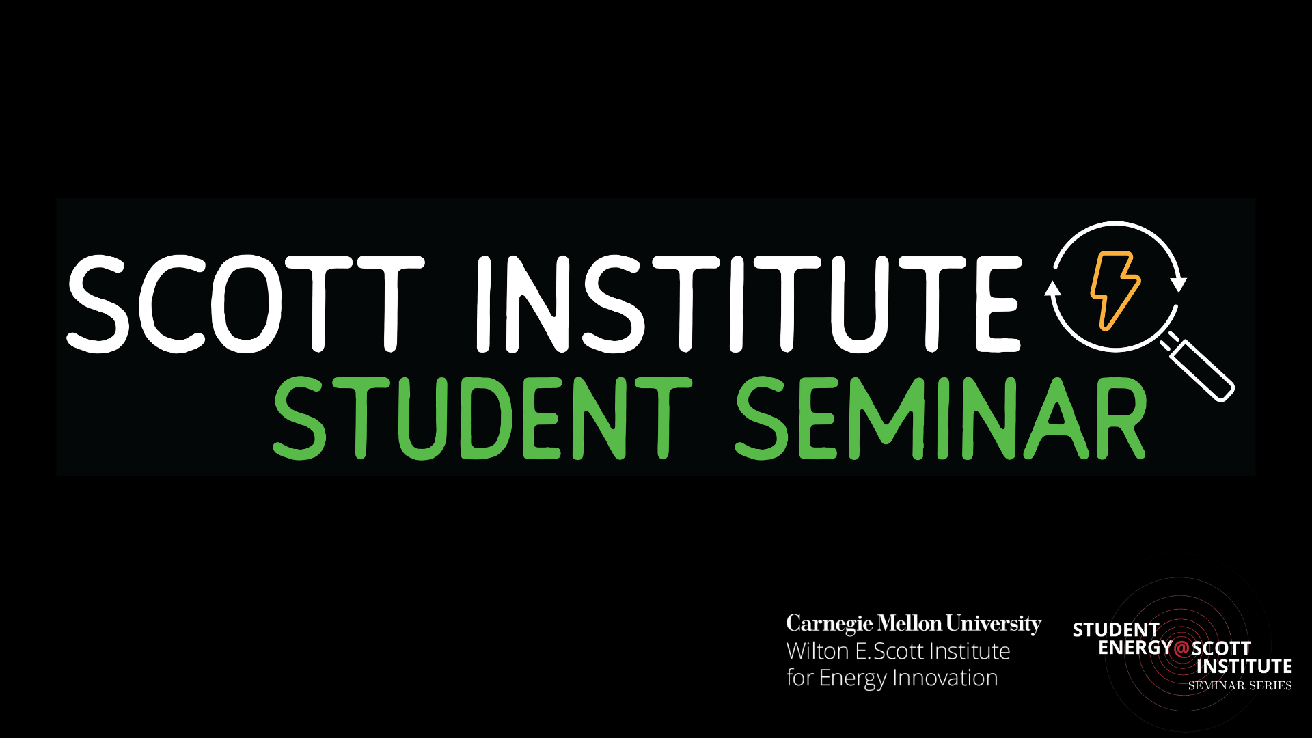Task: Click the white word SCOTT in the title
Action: point(246,304)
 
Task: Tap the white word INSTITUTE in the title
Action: point(748,304)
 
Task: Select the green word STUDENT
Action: point(482,418)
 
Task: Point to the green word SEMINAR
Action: point(940,418)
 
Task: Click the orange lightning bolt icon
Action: point(1114,290)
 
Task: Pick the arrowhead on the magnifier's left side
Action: point(1053,288)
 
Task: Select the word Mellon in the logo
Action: point(909,624)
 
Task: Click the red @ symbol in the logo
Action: point(1181,647)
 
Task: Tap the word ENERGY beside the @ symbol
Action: point(1135,647)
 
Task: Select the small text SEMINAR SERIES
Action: point(1240,685)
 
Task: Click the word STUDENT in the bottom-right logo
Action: point(1116,630)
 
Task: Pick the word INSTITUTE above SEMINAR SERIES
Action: point(1244,666)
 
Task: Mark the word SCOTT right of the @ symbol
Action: point(1221,648)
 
